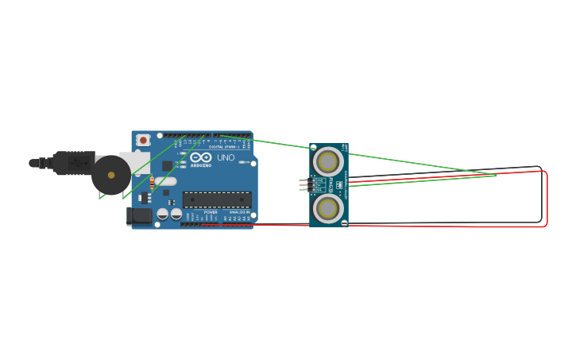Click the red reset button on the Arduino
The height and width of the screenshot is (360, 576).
click(143, 140)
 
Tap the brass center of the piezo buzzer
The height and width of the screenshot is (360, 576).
click(111, 175)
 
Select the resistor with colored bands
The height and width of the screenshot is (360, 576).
click(152, 185)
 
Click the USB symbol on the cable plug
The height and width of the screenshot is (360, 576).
click(77, 162)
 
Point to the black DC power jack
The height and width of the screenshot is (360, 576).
click(140, 215)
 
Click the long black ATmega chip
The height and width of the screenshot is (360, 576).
click(217, 199)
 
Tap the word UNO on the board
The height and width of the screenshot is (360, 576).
click(226, 158)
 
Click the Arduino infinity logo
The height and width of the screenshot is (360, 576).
click(201, 158)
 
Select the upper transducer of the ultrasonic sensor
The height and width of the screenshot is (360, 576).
click(328, 162)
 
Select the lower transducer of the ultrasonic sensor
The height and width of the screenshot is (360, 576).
click(328, 208)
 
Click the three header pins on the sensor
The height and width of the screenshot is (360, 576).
click(304, 185)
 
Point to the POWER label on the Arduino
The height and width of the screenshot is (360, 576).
click(211, 213)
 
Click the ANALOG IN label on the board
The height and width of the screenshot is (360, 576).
click(238, 213)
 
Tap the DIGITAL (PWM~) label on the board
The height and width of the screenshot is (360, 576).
click(223, 147)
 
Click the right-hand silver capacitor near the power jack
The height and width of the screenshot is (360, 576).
click(176, 213)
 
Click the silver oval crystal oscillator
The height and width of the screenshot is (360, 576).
click(165, 181)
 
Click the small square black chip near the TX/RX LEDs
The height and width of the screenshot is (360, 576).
click(167, 166)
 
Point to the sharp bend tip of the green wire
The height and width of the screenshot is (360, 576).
click(497, 176)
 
